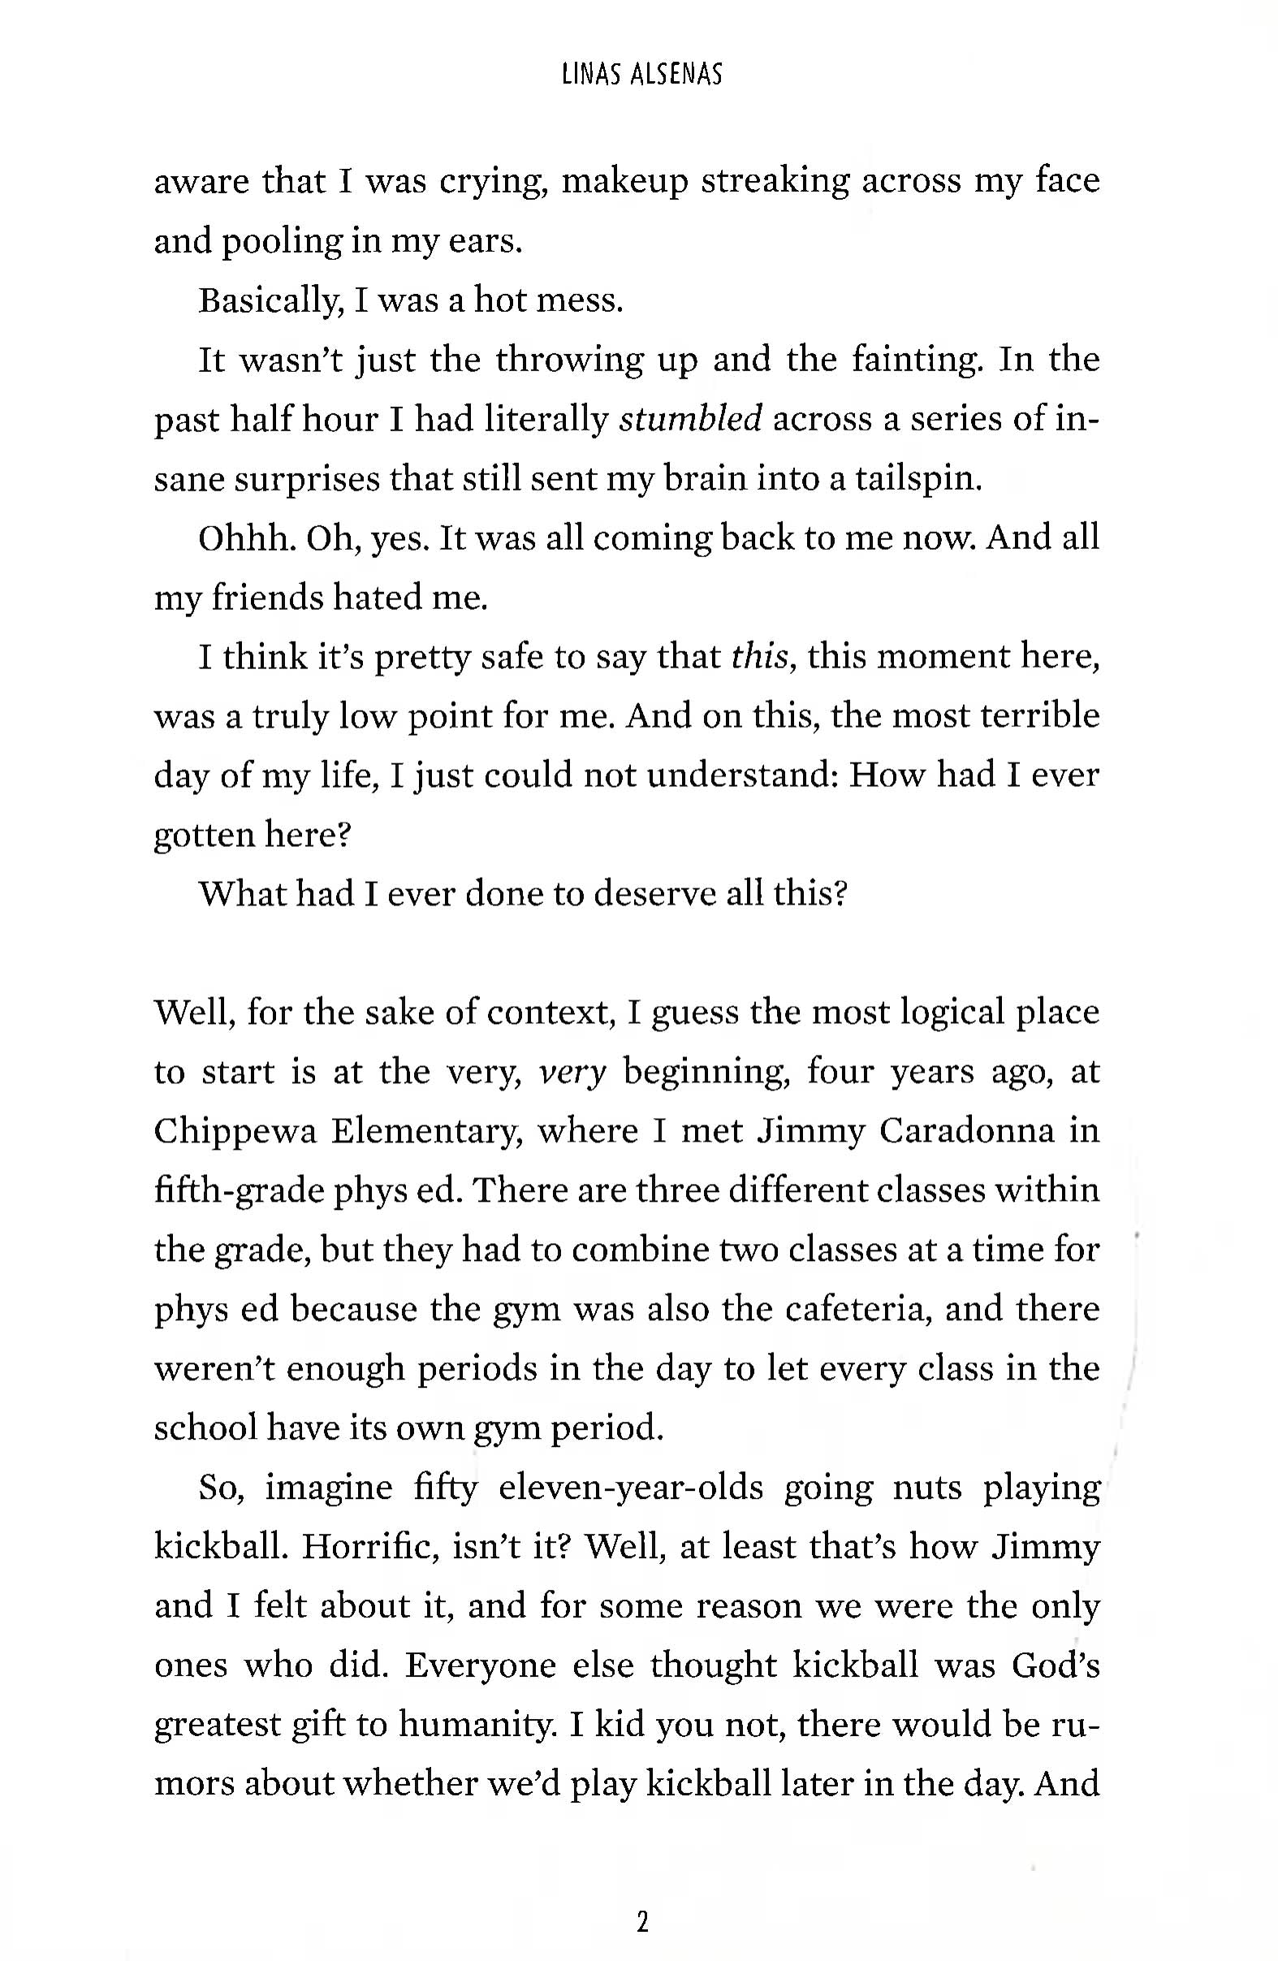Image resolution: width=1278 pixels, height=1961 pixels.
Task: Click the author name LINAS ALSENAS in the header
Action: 641,75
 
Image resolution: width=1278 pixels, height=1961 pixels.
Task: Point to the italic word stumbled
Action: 690,419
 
